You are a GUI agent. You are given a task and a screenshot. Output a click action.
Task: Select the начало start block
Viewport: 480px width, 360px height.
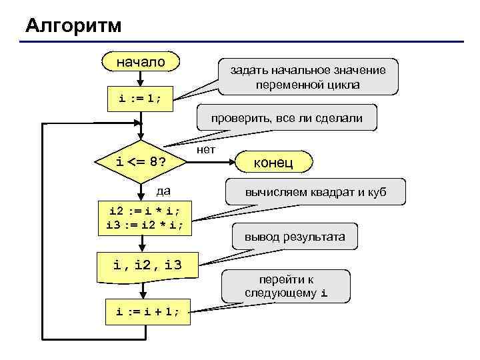point(141,62)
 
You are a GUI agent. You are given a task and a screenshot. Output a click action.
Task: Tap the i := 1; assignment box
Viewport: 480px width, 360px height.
point(141,99)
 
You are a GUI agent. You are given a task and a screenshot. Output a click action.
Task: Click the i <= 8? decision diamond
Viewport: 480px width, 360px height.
point(141,162)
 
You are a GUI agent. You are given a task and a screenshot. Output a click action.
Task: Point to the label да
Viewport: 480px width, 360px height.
point(163,191)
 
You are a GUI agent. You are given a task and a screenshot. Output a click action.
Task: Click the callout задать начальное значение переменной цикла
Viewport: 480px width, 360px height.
point(307,77)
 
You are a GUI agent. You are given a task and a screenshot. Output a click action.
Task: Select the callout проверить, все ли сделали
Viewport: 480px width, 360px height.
point(287,119)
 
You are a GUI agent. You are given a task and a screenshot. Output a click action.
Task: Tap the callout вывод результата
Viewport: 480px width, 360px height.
point(294,237)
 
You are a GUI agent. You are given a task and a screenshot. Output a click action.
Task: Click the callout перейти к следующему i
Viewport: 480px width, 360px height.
point(286,286)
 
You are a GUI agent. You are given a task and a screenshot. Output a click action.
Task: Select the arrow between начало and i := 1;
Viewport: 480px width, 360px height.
point(141,79)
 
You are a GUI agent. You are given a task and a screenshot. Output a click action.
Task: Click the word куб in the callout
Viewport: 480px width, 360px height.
point(373,193)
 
